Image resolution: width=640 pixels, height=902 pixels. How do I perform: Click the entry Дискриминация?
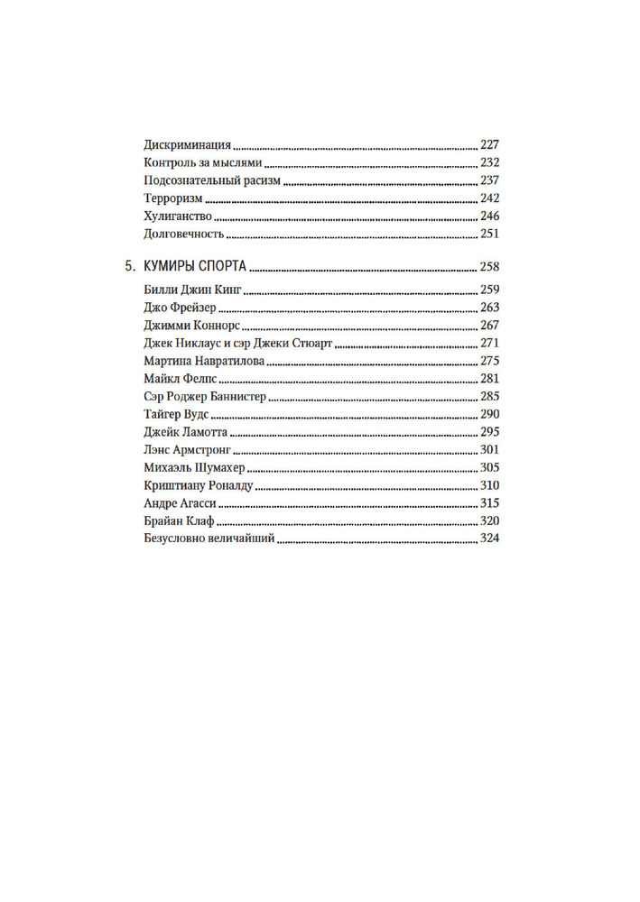(188, 145)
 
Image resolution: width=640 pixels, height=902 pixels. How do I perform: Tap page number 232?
(488, 163)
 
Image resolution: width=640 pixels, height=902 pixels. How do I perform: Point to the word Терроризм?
(173, 199)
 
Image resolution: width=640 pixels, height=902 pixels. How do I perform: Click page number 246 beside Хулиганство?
(488, 216)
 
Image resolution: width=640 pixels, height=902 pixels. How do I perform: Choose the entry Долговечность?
(183, 235)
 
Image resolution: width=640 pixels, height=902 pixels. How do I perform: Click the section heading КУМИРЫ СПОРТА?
(196, 267)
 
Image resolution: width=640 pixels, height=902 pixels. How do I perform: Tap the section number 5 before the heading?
(128, 267)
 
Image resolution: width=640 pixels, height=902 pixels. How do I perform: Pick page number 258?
(488, 267)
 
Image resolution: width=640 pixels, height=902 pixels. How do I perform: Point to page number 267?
(488, 326)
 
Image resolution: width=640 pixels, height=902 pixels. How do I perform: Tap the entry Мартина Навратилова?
(204, 362)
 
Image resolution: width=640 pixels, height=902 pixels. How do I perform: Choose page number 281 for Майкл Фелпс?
(488, 379)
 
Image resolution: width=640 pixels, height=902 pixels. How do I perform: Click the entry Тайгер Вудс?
(177, 415)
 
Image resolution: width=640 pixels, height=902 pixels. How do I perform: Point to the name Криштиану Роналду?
(199, 486)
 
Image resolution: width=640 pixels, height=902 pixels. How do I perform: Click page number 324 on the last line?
(488, 539)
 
